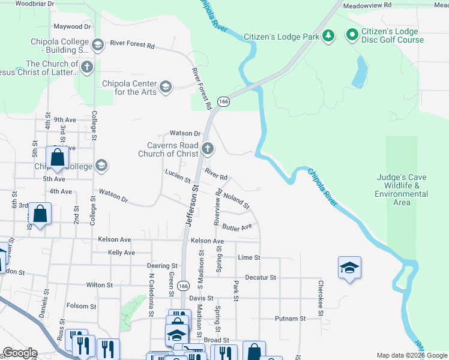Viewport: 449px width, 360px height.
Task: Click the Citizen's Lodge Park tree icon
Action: click(328, 37)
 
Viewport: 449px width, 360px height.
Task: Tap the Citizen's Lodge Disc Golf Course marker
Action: click(352, 36)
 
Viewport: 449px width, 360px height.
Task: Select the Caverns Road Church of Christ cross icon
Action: click(207, 149)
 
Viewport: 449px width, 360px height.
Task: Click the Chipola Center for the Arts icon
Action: click(166, 88)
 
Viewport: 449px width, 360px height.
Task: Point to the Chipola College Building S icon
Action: click(97, 44)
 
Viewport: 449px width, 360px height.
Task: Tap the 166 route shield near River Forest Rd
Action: click(223, 102)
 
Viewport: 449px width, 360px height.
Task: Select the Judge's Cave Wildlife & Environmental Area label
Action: click(402, 190)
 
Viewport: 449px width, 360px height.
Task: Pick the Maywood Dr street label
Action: click(72, 27)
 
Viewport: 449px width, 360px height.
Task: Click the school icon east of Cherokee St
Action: click(350, 268)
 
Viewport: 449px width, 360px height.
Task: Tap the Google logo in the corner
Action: click(19, 353)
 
